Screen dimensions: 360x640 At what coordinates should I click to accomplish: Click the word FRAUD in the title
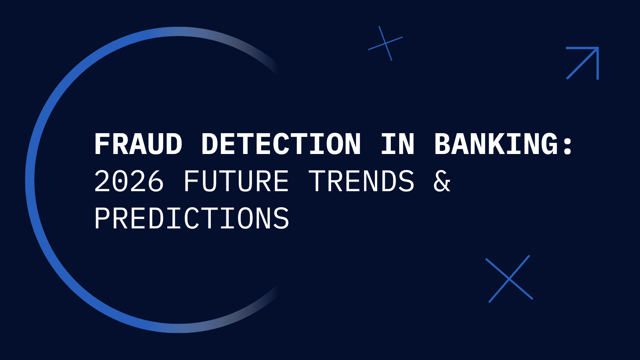[138, 144]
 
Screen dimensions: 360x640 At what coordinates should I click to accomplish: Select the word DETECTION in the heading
[281, 144]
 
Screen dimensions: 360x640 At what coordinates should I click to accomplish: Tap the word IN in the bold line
[398, 144]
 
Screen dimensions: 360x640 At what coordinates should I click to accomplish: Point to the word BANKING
[496, 144]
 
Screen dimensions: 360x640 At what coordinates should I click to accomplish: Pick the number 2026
[129, 181]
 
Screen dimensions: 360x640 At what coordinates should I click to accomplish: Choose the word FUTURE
[236, 181]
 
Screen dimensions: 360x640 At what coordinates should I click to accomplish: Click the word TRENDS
[362, 181]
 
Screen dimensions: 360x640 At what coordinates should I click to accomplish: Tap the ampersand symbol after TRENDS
[442, 181]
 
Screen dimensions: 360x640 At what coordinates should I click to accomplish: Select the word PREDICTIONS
[192, 218]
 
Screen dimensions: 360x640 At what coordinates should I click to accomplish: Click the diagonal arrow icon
[582, 63]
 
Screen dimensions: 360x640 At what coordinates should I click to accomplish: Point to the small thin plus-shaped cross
[385, 43]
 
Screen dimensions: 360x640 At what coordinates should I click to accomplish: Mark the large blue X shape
[509, 279]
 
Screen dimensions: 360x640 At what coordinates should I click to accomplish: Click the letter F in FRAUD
[102, 144]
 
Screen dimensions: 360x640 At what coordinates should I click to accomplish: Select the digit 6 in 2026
[156, 181]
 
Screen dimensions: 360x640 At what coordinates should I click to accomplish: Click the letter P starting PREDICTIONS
[102, 218]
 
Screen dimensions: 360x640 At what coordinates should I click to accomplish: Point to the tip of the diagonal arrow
[597, 49]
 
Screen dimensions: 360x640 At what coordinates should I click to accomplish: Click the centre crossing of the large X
[509, 279]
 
